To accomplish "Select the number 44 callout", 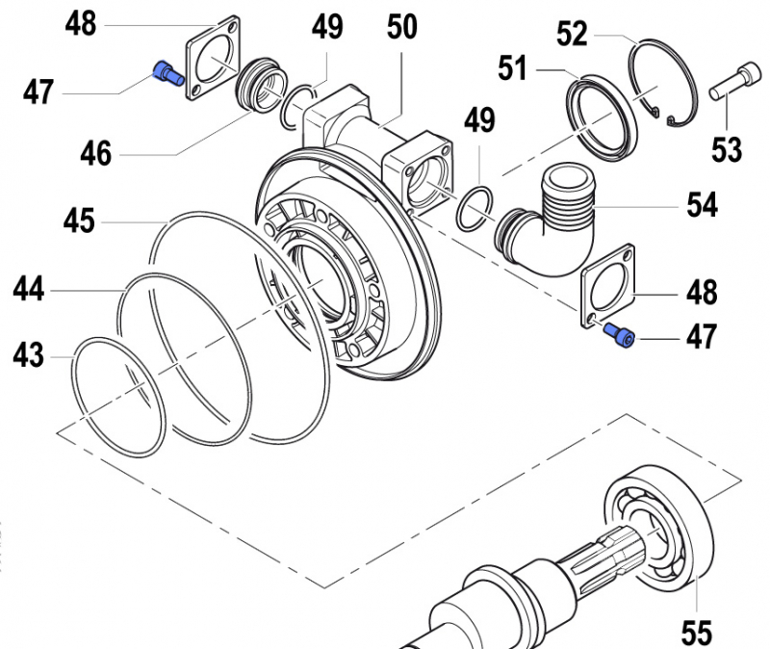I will click(x=30, y=288).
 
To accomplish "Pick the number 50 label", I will click(x=402, y=27).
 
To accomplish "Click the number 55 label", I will click(x=696, y=633).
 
